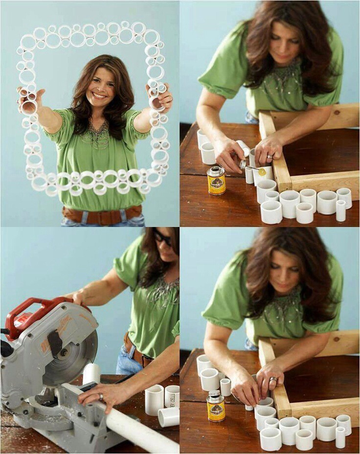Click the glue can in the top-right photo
click(216, 181)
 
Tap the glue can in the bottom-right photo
click(216, 407)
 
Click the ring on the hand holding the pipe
click(101, 397)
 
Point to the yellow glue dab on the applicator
click(262, 172)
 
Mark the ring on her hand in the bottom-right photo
click(273, 380)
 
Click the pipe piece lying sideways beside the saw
click(169, 417)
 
